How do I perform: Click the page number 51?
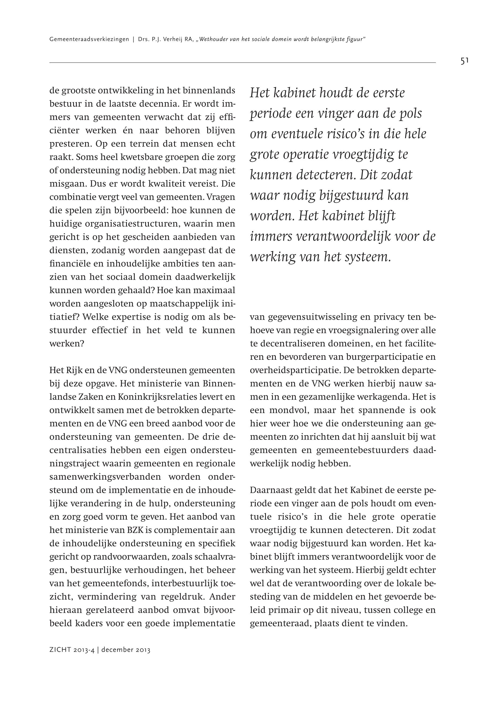(x=465, y=61)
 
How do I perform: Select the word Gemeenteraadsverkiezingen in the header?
(x=89, y=40)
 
